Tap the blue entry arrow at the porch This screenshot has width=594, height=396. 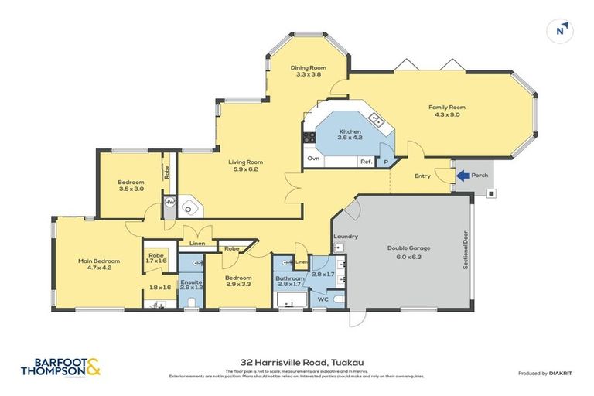click(x=463, y=176)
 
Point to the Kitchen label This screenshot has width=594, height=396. click(x=350, y=135)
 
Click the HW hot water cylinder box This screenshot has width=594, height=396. click(x=169, y=203)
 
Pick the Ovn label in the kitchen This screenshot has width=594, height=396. click(x=313, y=159)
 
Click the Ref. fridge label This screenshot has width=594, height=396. click(x=365, y=162)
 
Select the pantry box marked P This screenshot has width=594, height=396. click(x=386, y=162)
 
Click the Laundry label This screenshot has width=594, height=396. click(x=344, y=236)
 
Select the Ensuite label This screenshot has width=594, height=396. click(x=190, y=284)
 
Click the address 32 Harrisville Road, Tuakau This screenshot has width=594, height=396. click(x=297, y=360)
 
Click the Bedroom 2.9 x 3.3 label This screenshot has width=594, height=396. click(x=238, y=281)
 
